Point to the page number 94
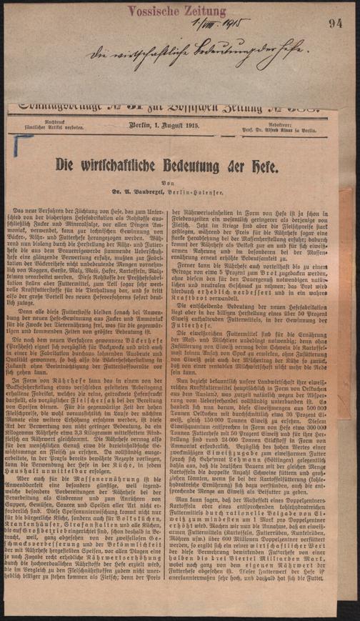click(x=336, y=24)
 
